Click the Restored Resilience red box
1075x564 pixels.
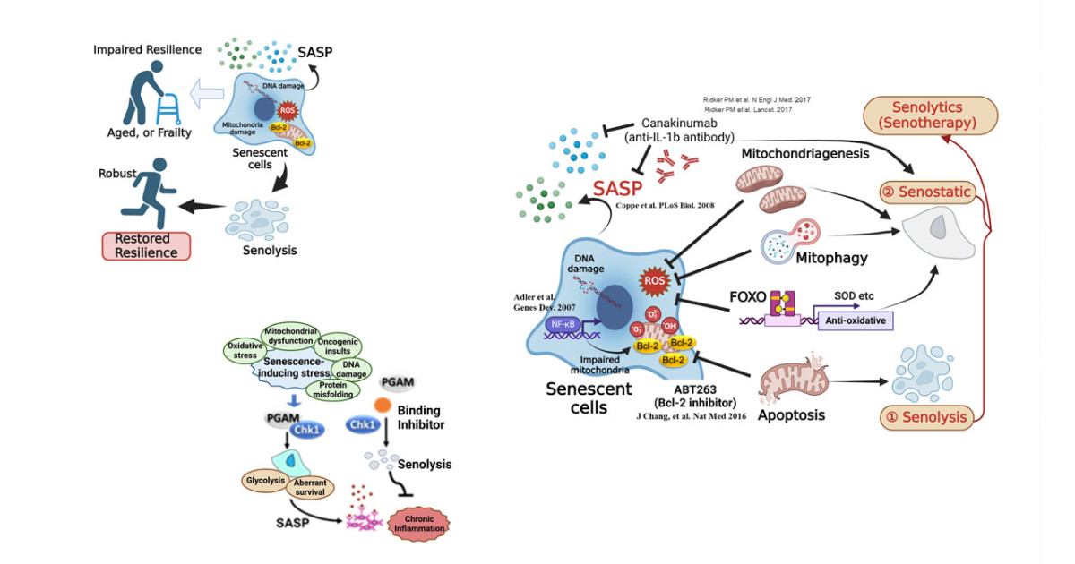(x=147, y=245)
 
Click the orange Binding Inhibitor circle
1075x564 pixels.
(x=382, y=405)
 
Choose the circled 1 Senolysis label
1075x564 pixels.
(x=926, y=416)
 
